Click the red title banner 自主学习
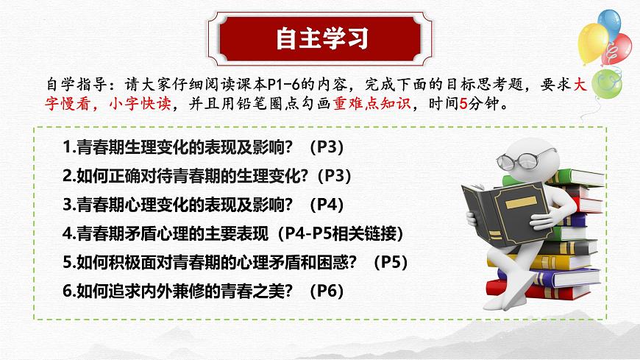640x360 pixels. tap(321, 38)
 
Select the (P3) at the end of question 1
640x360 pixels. tap(323, 148)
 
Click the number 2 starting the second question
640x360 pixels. tap(66, 177)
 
